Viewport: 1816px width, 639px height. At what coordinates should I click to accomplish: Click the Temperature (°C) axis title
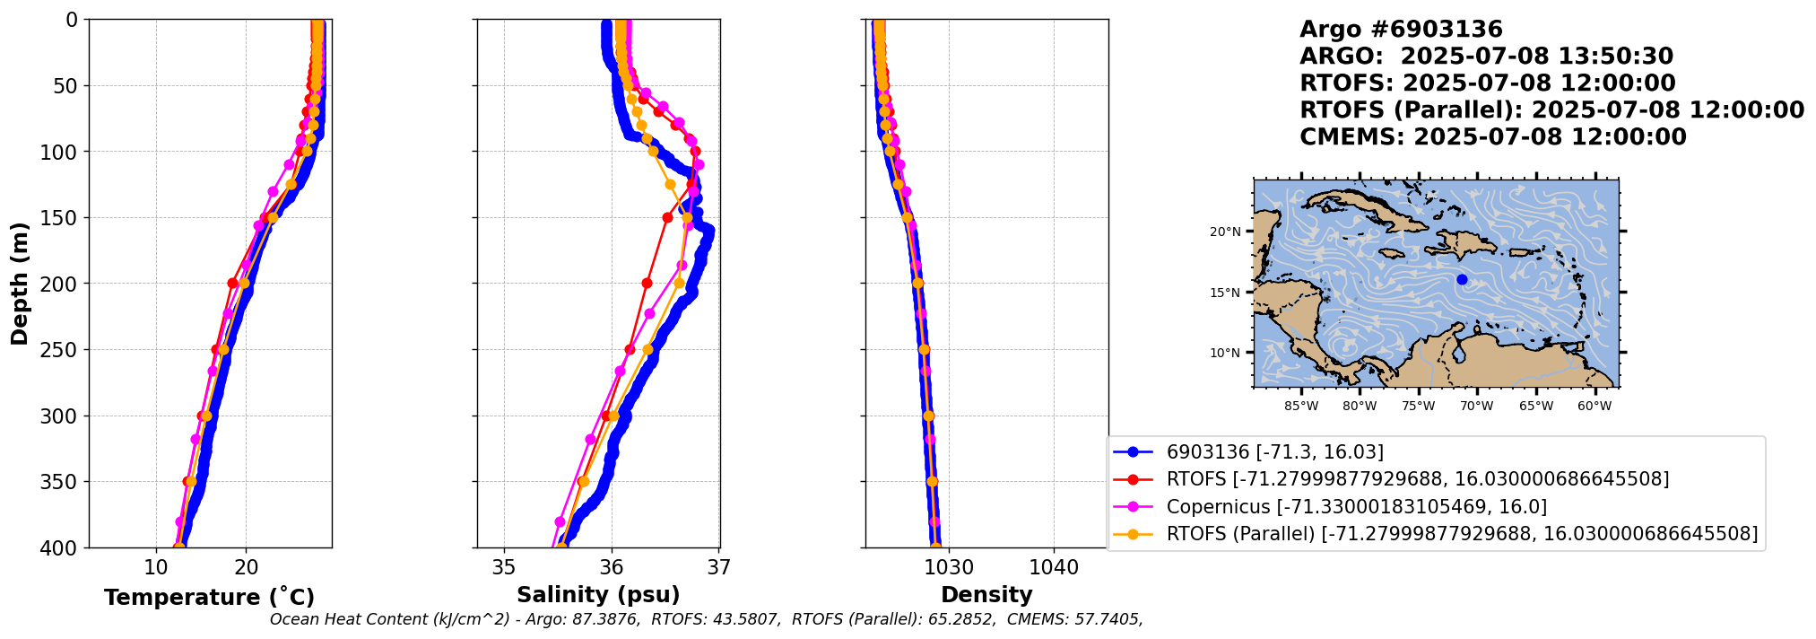tap(209, 598)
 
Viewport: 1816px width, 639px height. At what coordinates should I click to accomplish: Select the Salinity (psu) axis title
tap(598, 595)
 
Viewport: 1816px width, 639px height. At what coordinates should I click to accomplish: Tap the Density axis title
tap(986, 595)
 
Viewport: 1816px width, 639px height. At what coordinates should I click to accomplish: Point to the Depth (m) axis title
tap(20, 283)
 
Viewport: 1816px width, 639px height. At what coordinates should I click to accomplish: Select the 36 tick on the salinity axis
tap(612, 567)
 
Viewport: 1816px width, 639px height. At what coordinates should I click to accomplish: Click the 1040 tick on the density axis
tap(1054, 567)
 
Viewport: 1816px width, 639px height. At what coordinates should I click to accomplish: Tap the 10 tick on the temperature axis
tap(156, 567)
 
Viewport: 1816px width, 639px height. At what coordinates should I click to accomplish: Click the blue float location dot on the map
tap(1462, 279)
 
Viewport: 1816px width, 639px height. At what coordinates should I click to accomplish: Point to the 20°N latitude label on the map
tap(1225, 232)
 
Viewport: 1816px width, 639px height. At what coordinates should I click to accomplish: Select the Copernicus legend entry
tap(1356, 507)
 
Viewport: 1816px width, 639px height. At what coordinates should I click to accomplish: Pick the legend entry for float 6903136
tap(1274, 452)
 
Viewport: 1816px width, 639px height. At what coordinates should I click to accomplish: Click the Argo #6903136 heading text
tap(1388, 30)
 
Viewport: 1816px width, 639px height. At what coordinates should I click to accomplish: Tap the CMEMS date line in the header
tap(1493, 137)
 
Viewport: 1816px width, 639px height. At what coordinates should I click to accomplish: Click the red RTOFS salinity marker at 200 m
tap(647, 283)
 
